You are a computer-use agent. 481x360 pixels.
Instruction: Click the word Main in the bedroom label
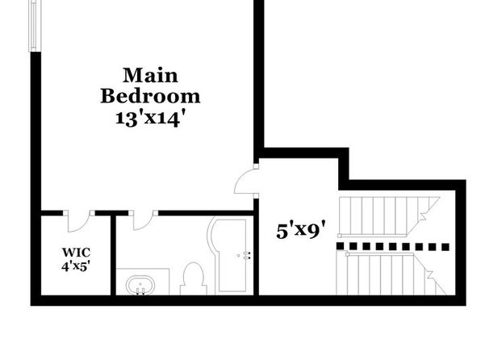click(150, 75)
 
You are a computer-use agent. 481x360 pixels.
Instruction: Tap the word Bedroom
click(150, 96)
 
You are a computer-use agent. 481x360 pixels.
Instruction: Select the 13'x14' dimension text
click(151, 118)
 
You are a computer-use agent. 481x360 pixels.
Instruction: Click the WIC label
click(76, 253)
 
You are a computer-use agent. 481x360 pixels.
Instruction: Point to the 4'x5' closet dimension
click(76, 266)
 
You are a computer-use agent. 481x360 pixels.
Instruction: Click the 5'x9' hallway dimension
click(300, 230)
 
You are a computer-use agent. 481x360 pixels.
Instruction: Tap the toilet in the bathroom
click(193, 278)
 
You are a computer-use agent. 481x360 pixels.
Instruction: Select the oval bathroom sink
click(140, 285)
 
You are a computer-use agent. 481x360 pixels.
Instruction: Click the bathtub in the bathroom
click(228, 255)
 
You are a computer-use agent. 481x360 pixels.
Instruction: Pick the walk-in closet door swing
click(77, 221)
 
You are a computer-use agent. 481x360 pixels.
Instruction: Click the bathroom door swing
click(144, 220)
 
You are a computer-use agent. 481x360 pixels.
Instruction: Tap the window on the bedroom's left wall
click(35, 26)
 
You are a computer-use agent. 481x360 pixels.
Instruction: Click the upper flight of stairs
click(389, 217)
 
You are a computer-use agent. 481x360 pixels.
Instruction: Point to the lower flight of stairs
click(391, 274)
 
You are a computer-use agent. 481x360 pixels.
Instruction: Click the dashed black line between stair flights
click(393, 246)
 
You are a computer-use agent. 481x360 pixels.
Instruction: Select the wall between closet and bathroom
click(113, 255)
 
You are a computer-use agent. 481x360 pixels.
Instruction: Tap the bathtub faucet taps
click(247, 255)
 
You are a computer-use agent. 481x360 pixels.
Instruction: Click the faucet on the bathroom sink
click(140, 291)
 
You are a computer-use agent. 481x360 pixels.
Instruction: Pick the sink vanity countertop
click(143, 282)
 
